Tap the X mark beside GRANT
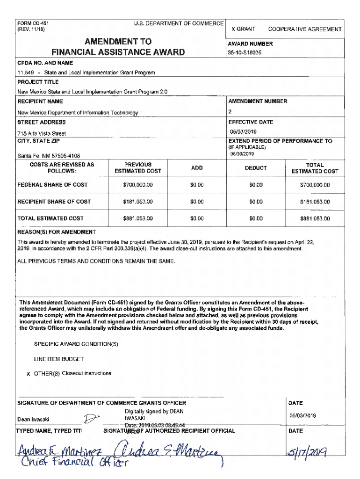pos(234,29)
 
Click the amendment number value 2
pos(230,111)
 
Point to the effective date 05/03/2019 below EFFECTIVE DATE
pos(243,131)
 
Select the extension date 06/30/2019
pos(241,154)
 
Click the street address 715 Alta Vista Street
pos(42,134)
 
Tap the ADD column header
pos(197,168)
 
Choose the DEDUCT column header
pos(256,168)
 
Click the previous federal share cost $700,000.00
pos(138,185)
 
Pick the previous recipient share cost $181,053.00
pos(138,202)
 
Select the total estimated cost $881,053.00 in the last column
pos(315,218)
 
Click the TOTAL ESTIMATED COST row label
pos(50,218)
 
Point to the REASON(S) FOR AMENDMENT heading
pos(57,232)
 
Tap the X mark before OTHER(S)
pos(29,374)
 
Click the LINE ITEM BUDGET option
pos(59,359)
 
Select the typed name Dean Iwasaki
pos(33,419)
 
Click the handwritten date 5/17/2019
pos(307,452)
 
